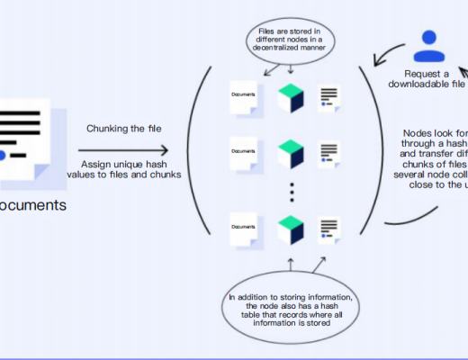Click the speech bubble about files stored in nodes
[x=290, y=44]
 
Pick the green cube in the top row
[x=290, y=97]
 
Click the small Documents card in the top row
[x=244, y=97]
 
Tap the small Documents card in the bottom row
[x=244, y=229]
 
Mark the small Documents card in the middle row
[x=244, y=153]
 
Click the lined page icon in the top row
[x=328, y=98]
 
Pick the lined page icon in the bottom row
[x=328, y=229]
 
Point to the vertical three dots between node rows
[x=290, y=191]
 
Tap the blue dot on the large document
[x=3, y=156]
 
